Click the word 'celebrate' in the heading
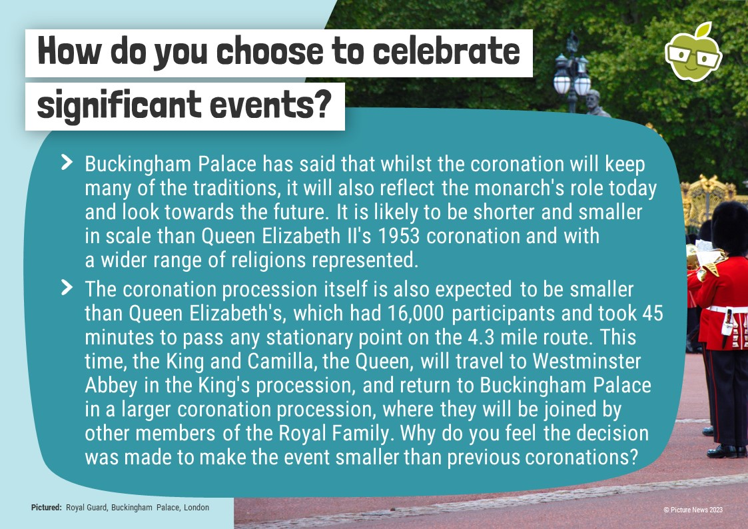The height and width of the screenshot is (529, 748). click(446, 51)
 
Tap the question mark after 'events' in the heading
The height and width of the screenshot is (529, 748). click(324, 104)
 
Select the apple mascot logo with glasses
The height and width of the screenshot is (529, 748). click(693, 52)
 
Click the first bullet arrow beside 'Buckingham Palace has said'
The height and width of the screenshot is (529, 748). click(67, 162)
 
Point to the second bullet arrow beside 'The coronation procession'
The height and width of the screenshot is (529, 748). click(67, 288)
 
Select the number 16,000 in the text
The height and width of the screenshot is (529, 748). click(416, 314)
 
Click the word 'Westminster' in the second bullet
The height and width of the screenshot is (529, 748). click(587, 361)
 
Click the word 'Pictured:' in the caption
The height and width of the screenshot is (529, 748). click(46, 508)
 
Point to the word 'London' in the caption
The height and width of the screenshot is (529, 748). click(196, 508)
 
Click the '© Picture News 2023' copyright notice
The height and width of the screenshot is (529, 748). click(693, 510)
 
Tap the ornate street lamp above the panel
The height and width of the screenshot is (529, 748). click(572, 73)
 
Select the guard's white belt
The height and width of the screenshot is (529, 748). click(727, 310)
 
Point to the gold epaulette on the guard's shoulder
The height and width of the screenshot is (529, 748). click(711, 267)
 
